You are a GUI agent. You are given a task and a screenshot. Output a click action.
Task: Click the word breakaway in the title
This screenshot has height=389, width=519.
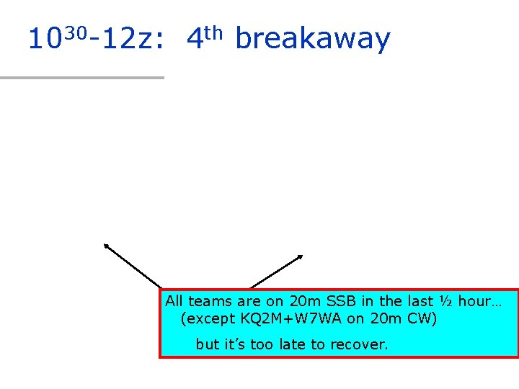pos(313,39)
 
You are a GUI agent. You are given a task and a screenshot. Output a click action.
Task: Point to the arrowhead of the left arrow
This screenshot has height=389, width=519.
pos(106,245)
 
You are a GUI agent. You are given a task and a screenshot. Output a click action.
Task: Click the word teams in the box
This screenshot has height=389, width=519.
pos(208,301)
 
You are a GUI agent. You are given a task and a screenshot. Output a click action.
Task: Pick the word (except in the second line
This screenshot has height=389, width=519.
pos(210,318)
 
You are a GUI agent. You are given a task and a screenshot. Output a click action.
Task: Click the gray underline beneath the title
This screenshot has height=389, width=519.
pos(82,77)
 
